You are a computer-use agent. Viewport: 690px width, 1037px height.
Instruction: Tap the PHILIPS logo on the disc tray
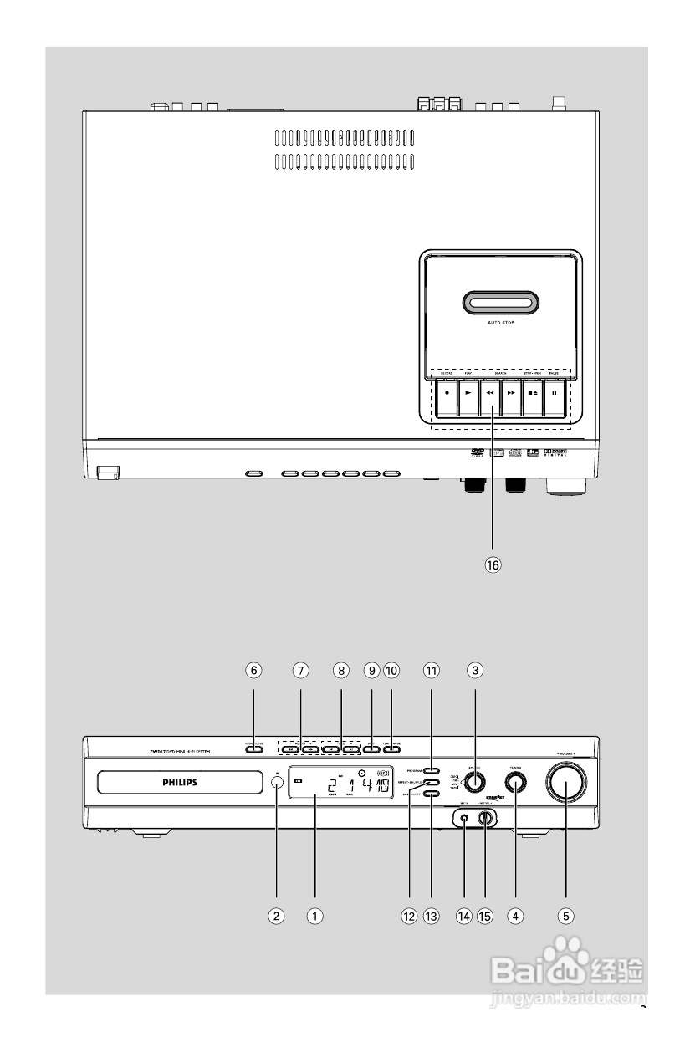[181, 783]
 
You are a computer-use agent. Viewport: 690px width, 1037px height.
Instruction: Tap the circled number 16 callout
[493, 564]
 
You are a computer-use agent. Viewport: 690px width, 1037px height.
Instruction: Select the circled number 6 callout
[253, 670]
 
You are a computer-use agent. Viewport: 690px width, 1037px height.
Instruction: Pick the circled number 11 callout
[431, 670]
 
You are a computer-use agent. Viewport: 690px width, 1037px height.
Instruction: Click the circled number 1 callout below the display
[314, 916]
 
